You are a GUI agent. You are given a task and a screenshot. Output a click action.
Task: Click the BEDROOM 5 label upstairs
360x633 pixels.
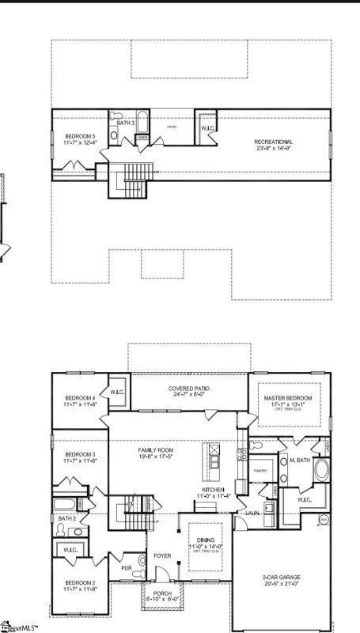click(81, 136)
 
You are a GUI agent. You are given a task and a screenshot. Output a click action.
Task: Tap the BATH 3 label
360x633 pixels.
click(126, 123)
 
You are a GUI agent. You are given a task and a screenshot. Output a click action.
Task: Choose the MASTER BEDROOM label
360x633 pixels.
click(289, 397)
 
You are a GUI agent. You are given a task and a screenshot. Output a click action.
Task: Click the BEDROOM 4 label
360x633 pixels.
click(81, 397)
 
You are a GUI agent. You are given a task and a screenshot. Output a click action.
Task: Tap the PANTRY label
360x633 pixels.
click(260, 471)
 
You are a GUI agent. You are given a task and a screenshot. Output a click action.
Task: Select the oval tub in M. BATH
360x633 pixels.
click(320, 470)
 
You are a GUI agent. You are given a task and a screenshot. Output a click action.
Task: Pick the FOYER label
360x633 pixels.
click(162, 556)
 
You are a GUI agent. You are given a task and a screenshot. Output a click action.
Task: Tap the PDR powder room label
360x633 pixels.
click(127, 567)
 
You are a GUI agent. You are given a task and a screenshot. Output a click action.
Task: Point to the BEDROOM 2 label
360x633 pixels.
click(81, 584)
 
